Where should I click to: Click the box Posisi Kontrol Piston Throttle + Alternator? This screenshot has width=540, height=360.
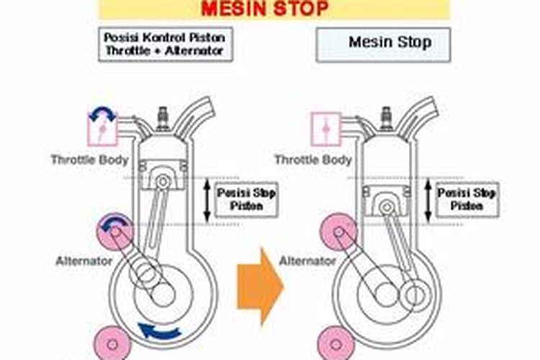166,43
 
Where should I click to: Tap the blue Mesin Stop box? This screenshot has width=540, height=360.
383,44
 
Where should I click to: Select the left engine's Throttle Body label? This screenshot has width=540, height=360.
89,159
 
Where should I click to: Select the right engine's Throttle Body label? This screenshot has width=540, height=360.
313,159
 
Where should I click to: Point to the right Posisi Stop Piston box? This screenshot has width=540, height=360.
467,199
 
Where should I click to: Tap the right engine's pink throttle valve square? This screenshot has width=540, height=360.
325,130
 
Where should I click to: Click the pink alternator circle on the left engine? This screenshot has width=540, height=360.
114,230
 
